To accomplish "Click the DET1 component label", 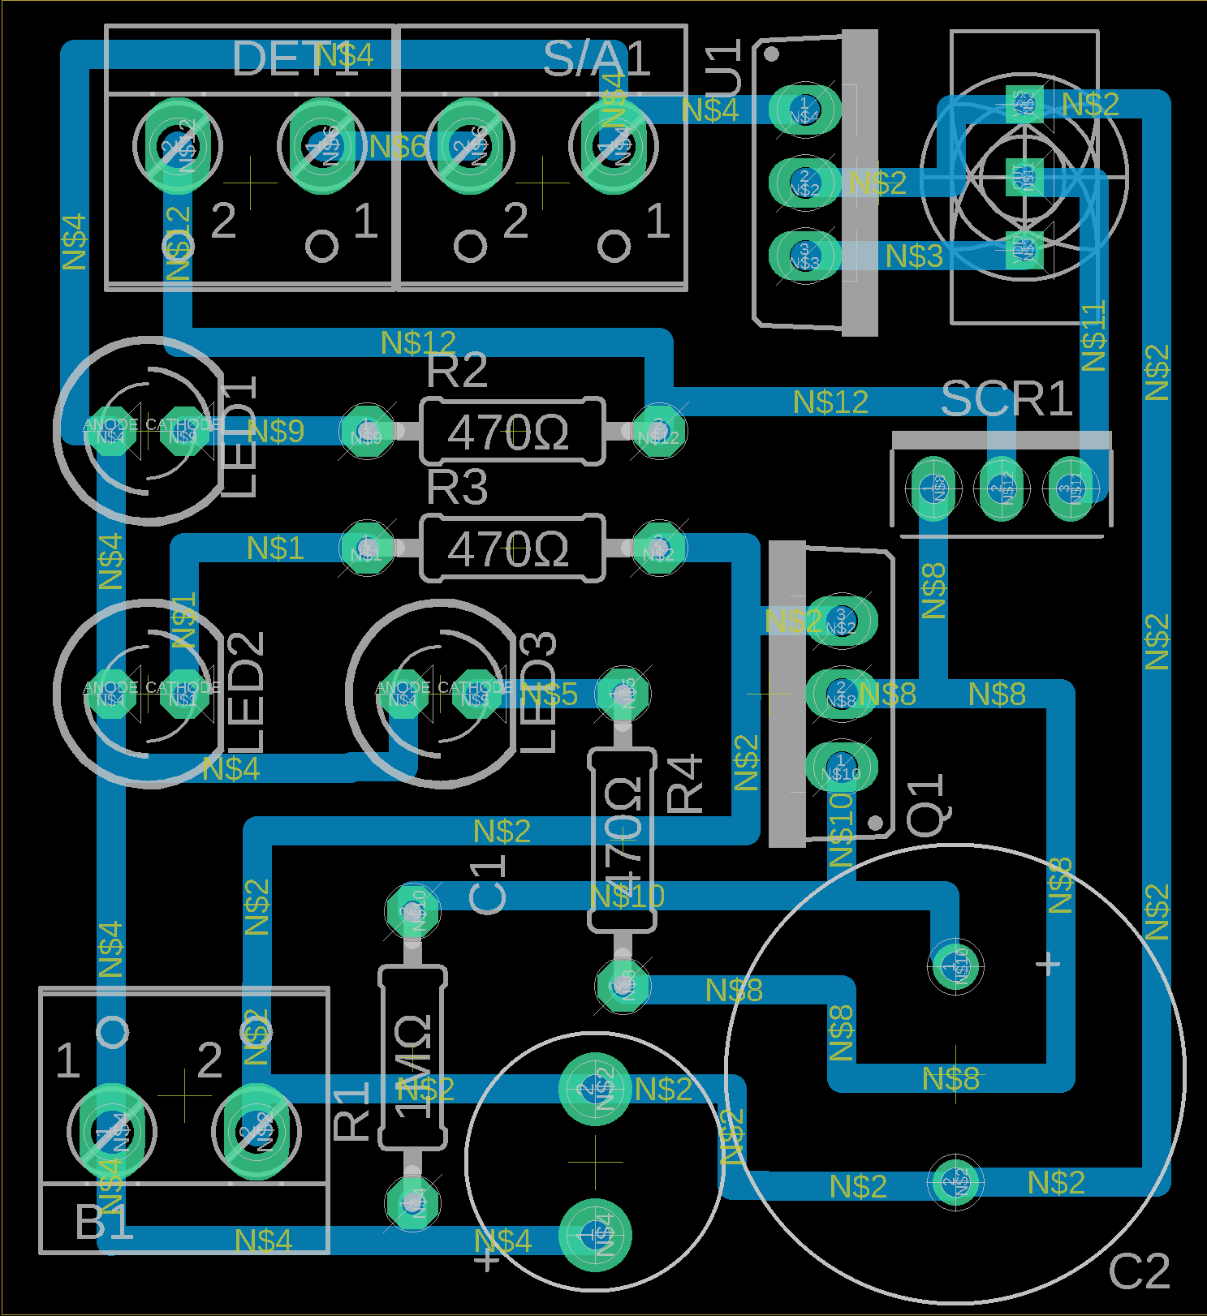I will pyautogui.click(x=294, y=58).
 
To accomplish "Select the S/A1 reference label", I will pyautogui.click(x=597, y=58).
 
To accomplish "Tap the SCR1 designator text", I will pyautogui.click(x=1007, y=399).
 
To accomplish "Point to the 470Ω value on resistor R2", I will pyautogui.click(x=509, y=432).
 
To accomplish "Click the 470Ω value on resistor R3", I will pyautogui.click(x=509, y=549).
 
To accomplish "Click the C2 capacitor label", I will pyautogui.click(x=1139, y=1271).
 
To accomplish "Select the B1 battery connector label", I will pyautogui.click(x=104, y=1222).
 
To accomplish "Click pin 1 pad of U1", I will pyautogui.click(x=804, y=107).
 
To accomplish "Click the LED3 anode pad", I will pyautogui.click(x=403, y=694).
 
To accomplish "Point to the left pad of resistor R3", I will pyautogui.click(x=366, y=549).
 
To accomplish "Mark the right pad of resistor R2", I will pyautogui.click(x=658, y=432).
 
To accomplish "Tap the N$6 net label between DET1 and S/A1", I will pyautogui.click(x=397, y=147).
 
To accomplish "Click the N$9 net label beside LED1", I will pyautogui.click(x=276, y=431).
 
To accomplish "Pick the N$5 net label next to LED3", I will pyautogui.click(x=549, y=694).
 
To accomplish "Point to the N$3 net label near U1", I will pyautogui.click(x=914, y=256).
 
